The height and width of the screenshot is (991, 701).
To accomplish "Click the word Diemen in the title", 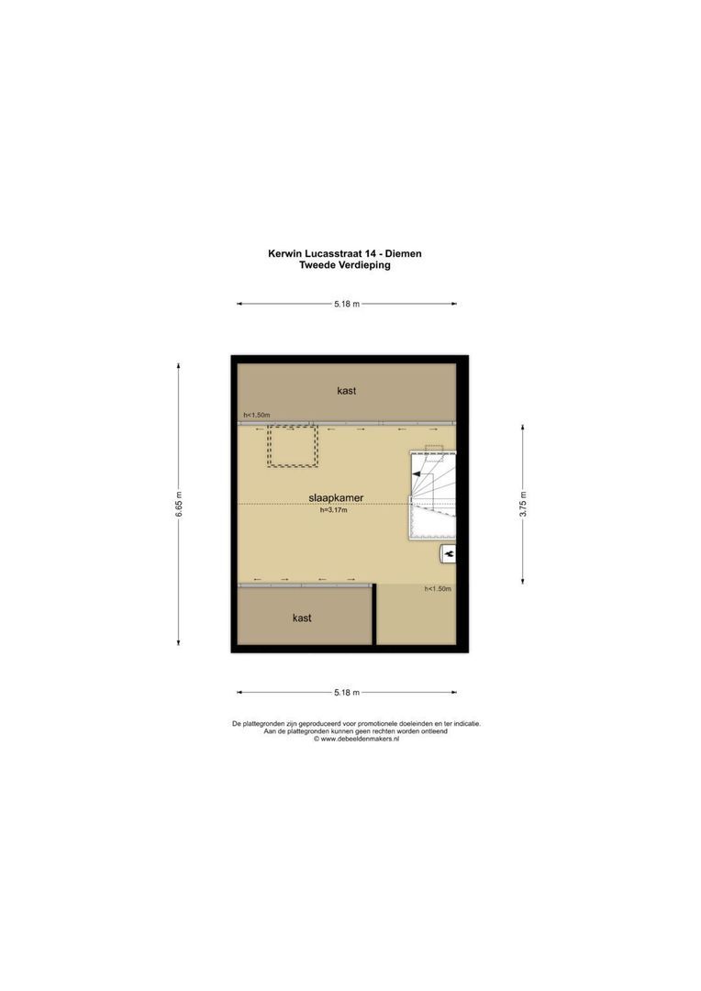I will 402,253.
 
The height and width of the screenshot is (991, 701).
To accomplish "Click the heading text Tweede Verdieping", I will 345,264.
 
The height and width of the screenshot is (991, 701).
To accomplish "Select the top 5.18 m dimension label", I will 347,304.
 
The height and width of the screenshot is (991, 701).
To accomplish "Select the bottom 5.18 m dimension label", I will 347,692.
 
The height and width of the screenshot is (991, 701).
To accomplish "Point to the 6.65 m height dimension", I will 179,503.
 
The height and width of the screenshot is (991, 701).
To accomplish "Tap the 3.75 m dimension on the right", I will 522,503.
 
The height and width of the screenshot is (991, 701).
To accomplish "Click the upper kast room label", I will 347,390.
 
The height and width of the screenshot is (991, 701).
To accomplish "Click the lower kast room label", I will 302,618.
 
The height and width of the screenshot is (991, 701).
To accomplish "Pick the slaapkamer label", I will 336,497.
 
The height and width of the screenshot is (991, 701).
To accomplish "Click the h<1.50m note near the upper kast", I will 257,416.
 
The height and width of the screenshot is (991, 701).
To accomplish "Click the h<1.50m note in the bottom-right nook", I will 438,589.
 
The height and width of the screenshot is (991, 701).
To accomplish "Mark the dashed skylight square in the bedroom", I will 292,445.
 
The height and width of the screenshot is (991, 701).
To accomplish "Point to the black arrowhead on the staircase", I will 417,473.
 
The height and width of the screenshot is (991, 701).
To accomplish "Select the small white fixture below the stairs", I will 449,552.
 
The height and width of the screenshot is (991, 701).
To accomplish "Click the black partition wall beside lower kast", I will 374,615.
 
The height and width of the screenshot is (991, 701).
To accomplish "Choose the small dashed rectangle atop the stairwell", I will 433,449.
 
